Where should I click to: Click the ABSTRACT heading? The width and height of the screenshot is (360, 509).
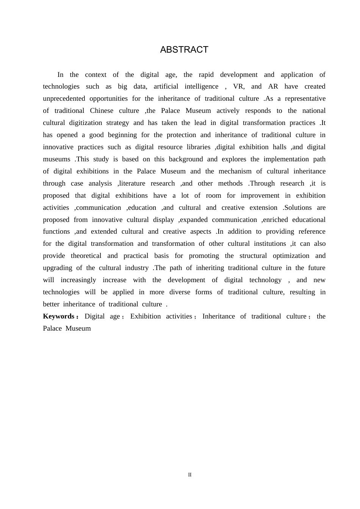point(184,50)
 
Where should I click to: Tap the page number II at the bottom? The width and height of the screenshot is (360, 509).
point(190,475)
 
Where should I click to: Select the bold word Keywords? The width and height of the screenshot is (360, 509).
point(59,316)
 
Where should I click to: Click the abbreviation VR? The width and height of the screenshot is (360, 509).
point(238,86)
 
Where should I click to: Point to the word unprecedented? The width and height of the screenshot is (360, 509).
point(63,98)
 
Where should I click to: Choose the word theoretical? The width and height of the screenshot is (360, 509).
point(86,256)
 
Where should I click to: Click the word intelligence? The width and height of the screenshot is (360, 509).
point(201,86)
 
